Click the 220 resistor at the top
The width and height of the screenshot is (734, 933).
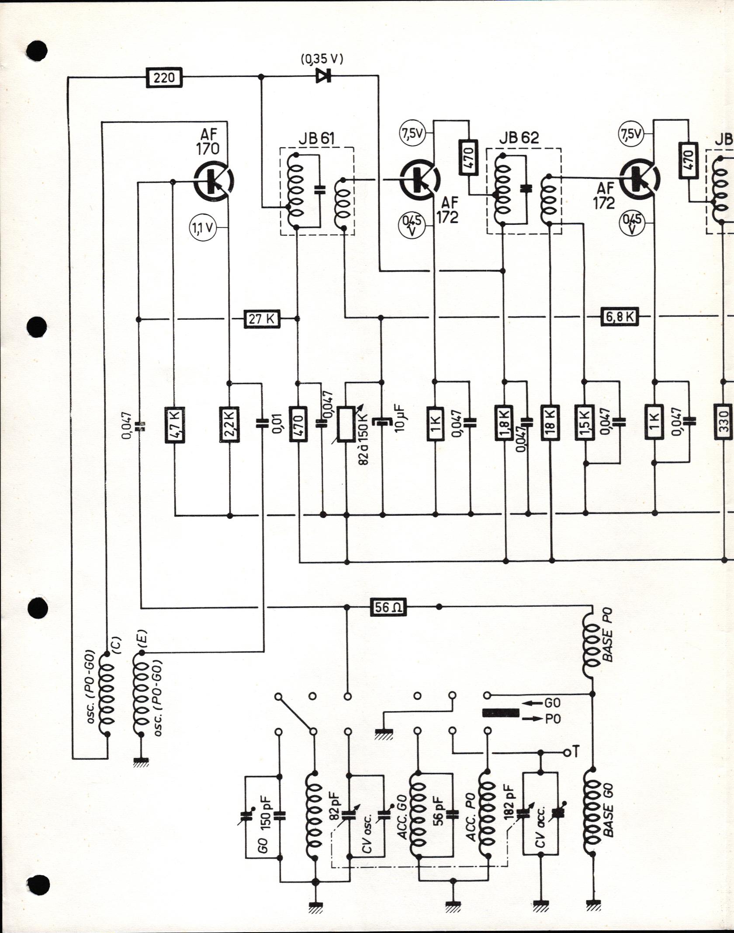[x=164, y=78]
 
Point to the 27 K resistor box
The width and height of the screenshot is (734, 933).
[x=262, y=319]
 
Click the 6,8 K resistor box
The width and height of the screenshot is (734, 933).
[x=620, y=317]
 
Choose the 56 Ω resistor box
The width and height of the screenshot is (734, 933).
[x=388, y=607]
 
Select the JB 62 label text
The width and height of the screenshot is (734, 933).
[x=519, y=138]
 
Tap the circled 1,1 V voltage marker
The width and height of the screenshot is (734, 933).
[x=202, y=228]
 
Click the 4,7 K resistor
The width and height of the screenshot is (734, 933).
[x=175, y=424]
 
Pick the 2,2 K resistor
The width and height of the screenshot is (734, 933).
[x=230, y=424]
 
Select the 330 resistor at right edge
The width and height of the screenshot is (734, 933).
[x=724, y=424]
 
